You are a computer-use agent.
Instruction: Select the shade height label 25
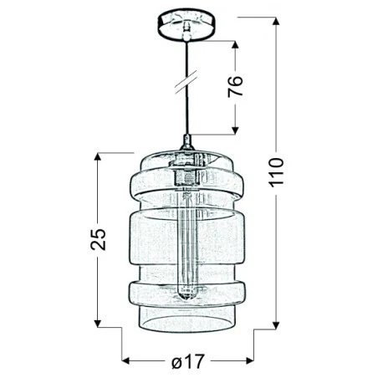pyautogui.click(x=100, y=240)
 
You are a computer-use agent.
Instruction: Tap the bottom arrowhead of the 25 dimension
pyautogui.click(x=100, y=324)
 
